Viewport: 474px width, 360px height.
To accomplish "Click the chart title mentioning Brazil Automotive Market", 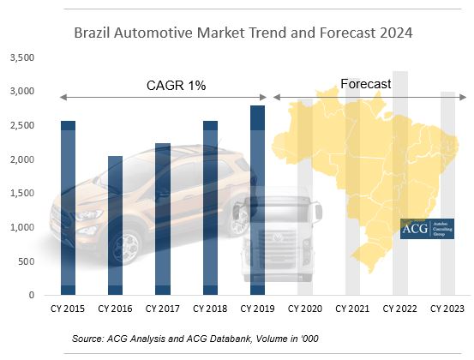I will click(243, 33).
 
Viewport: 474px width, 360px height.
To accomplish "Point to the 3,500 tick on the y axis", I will click(21, 57).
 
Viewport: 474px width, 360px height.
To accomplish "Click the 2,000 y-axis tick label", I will click(21, 159).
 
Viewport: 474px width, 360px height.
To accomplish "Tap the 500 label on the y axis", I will click(26, 261).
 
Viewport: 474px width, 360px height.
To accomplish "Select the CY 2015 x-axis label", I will click(67, 308).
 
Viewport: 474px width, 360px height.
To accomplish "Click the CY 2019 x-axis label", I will click(257, 308).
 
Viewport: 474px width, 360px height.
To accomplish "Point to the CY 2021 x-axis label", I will click(352, 308).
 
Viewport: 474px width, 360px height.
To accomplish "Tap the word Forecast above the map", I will click(365, 84).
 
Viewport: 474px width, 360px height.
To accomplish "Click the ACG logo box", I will click(428, 228).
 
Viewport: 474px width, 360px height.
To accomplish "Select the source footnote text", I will click(195, 339).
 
